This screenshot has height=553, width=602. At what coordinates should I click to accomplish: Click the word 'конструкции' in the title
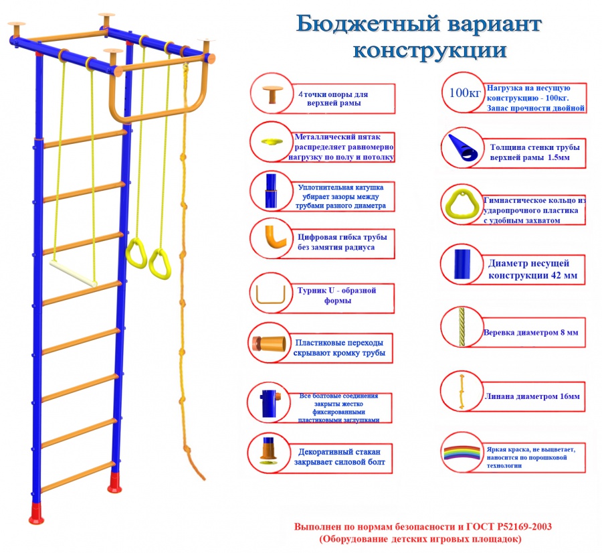tap(429, 51)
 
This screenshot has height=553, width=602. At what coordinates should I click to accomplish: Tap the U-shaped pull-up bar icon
tap(271, 295)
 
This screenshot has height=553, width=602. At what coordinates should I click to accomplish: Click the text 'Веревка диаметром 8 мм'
tap(530, 332)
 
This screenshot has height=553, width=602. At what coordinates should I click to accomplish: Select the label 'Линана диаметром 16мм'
tap(531, 396)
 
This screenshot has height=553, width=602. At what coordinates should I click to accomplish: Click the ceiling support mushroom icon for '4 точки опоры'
tap(272, 94)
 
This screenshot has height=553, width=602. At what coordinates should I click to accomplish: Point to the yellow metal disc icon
tap(272, 142)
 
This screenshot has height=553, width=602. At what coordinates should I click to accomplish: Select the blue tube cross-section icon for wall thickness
tap(462, 149)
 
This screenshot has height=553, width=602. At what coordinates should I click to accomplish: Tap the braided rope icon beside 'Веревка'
tap(462, 326)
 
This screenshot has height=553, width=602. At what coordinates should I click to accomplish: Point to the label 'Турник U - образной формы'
tap(336, 295)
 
